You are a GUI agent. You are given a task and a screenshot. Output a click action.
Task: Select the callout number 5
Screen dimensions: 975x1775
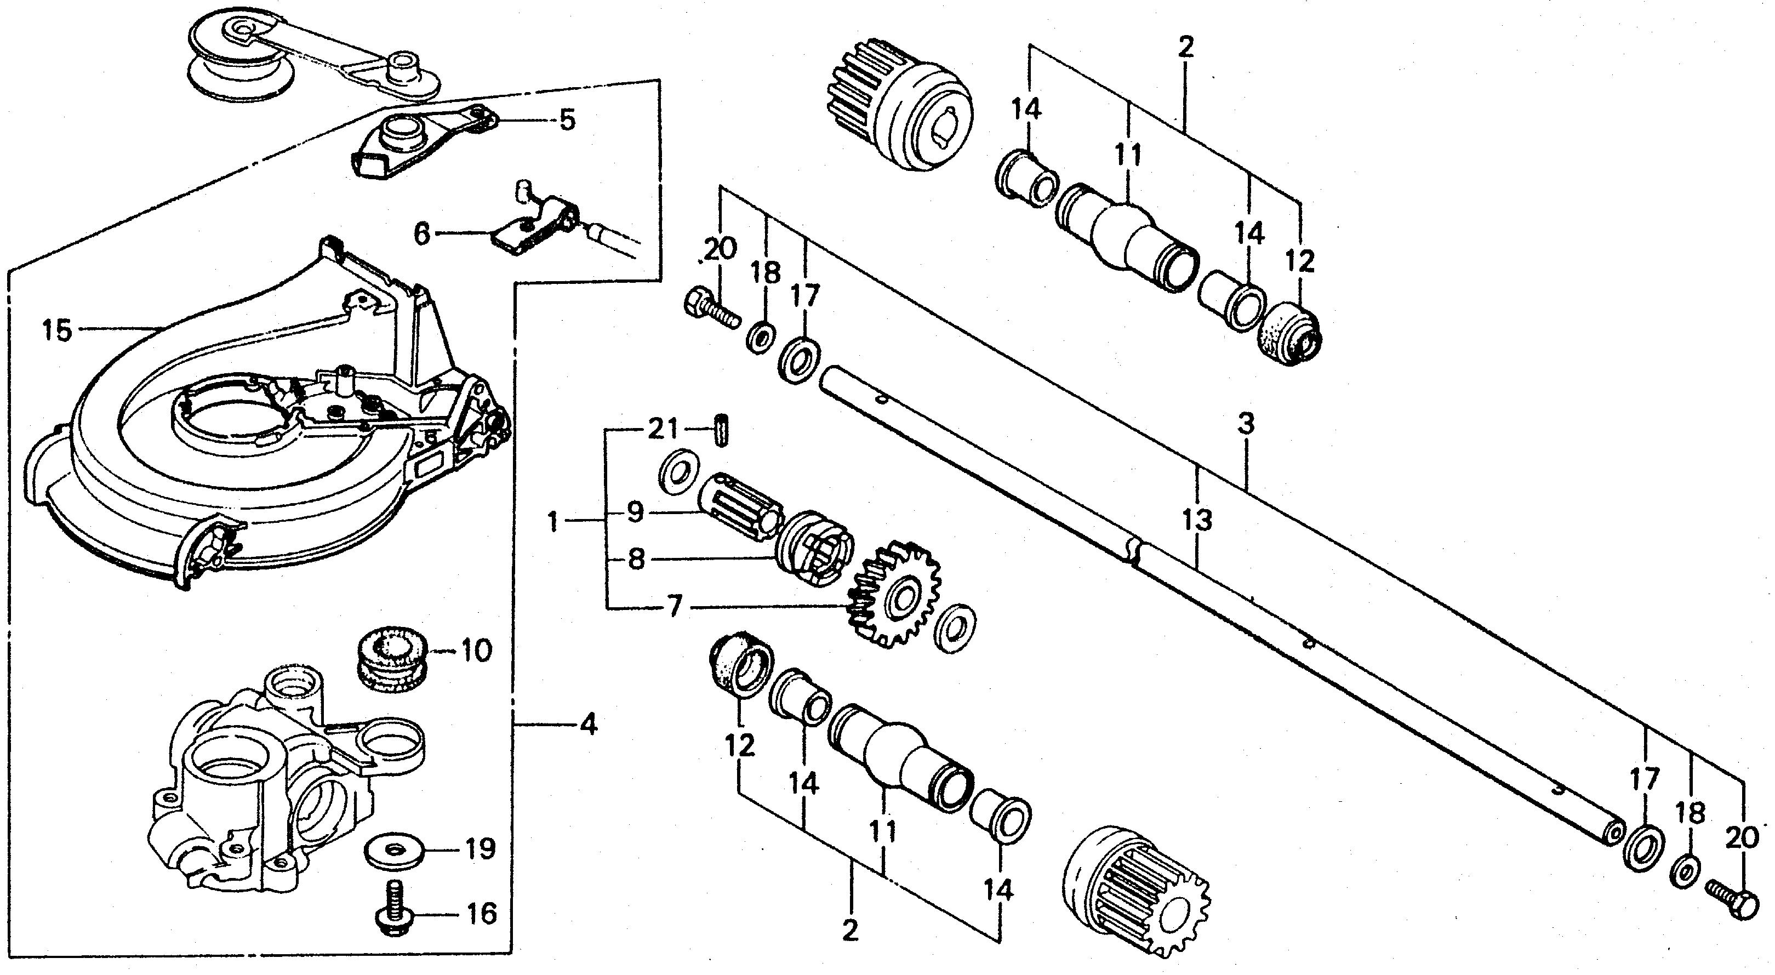(x=567, y=121)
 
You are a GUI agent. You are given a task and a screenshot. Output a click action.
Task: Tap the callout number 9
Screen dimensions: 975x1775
(x=635, y=512)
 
